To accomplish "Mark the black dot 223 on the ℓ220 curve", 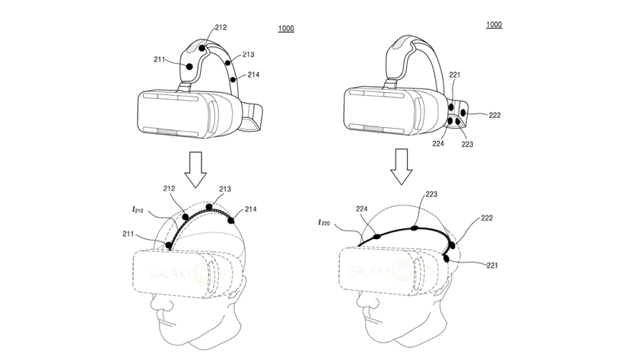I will click(413, 227).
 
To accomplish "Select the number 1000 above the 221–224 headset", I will click(493, 26).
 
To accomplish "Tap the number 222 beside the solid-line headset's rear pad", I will click(494, 115).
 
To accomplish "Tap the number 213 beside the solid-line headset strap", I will click(247, 54).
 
